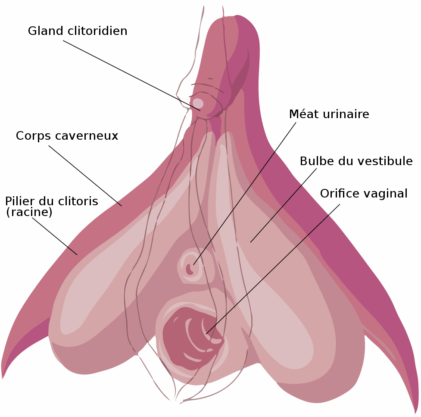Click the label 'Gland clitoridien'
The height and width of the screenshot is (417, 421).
click(78, 31)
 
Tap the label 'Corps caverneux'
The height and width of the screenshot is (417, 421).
click(67, 136)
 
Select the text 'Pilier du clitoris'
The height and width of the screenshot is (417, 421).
click(51, 201)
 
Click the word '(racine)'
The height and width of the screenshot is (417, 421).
click(29, 212)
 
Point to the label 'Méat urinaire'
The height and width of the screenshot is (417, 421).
click(329, 114)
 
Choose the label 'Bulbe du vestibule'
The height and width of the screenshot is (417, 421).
click(356, 161)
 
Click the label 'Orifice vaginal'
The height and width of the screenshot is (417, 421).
click(363, 194)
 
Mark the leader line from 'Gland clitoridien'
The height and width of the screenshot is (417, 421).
click(131, 75)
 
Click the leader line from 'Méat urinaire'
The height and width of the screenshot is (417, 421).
click(245, 193)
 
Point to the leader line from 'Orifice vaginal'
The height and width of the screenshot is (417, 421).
click(273, 269)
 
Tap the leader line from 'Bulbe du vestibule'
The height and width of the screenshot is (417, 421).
click(283, 205)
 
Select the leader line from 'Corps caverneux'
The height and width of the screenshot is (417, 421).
click(85, 176)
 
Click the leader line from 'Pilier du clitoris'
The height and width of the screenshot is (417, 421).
click(55, 236)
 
